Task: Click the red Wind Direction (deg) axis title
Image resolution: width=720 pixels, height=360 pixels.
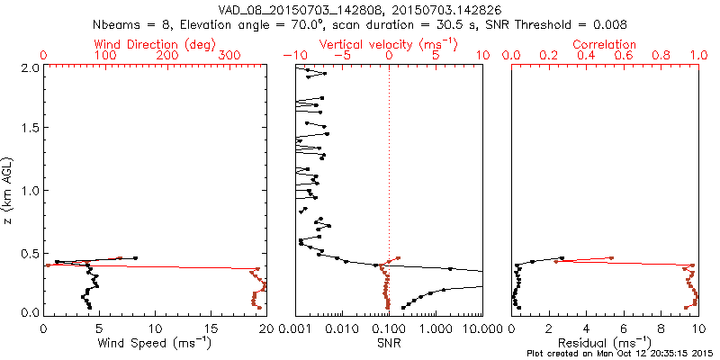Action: (156, 43)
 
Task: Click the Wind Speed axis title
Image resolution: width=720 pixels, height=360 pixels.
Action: (156, 342)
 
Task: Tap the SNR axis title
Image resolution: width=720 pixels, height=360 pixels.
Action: (389, 342)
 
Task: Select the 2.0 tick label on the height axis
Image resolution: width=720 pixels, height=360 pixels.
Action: (29, 67)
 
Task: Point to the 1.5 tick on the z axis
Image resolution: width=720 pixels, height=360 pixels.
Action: (29, 129)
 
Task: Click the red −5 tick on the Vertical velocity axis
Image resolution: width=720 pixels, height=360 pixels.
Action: (338, 56)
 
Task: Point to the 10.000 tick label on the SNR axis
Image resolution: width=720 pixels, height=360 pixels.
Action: (480, 328)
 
